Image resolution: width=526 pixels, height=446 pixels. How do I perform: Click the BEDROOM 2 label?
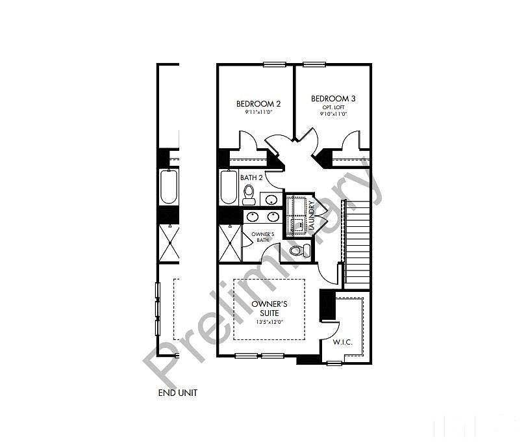point(258,103)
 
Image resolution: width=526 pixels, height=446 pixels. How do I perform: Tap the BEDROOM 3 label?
point(333,99)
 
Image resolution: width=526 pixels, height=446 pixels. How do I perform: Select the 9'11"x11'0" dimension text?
point(258,112)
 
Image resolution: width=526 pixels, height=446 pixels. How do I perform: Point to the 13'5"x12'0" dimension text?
point(269,322)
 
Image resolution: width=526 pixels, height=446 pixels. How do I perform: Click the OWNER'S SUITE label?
point(269,308)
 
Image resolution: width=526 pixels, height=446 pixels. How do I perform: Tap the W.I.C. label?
point(342,341)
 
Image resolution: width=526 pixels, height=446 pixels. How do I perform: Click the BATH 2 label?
point(251,177)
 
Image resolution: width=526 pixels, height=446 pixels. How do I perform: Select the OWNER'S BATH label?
point(262,237)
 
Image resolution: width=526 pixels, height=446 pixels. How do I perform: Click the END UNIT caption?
point(177,393)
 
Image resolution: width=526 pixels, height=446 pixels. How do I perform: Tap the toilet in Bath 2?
point(249,194)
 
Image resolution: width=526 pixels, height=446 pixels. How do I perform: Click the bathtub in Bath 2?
point(229,187)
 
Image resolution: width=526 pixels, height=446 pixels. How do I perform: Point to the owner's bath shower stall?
point(230,243)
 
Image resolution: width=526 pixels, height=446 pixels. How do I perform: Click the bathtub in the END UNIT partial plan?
point(169,187)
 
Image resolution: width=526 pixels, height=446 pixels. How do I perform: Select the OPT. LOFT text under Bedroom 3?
point(333,107)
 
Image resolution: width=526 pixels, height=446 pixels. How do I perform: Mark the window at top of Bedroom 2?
point(274,64)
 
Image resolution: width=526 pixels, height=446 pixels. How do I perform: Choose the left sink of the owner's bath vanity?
point(253,216)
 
